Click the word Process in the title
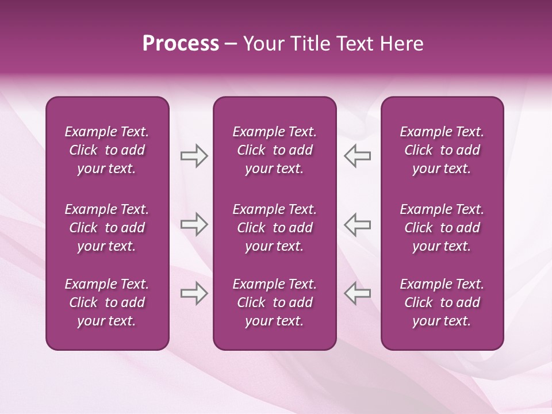[181, 44]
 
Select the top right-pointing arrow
[194, 156]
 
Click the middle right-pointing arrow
[194, 224]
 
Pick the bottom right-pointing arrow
[194, 293]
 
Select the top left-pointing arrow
[358, 156]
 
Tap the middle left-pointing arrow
[358, 224]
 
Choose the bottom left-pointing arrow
[358, 293]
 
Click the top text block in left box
[107, 150]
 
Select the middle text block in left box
[107, 228]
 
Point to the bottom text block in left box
[107, 302]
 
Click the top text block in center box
[274, 150]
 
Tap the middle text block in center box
[274, 228]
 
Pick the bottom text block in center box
[274, 302]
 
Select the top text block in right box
[442, 150]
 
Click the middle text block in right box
[442, 228]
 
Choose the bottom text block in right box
[442, 302]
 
